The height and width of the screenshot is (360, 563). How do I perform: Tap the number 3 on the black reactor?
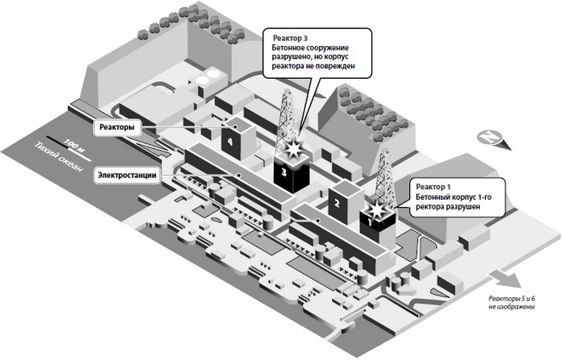[x=283, y=172]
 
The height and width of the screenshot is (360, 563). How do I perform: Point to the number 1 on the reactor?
[x=371, y=217]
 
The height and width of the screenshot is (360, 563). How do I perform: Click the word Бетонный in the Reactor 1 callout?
[x=437, y=197]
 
